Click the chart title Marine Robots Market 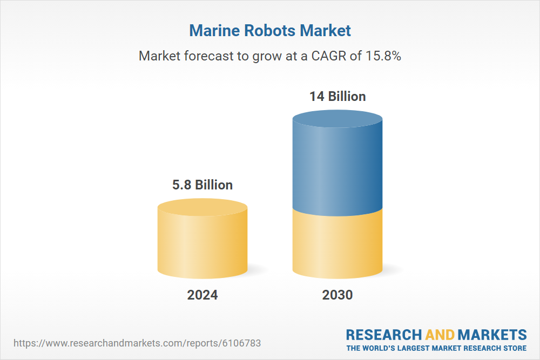(x=270, y=30)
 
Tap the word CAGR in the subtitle (x=327, y=56)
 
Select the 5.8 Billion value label (x=202, y=185)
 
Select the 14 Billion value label (x=337, y=97)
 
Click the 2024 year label (x=202, y=295)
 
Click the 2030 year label (x=337, y=295)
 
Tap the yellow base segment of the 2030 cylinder (x=337, y=246)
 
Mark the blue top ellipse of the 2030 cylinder (x=337, y=119)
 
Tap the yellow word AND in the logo (x=440, y=334)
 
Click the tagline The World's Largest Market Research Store (x=436, y=348)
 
